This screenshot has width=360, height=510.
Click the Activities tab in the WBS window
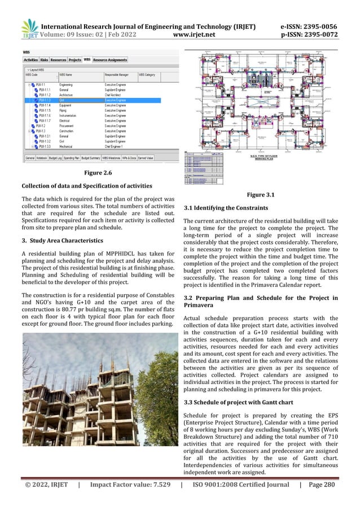30,59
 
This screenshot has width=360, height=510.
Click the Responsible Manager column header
119,74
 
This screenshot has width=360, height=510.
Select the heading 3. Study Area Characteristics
62,241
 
